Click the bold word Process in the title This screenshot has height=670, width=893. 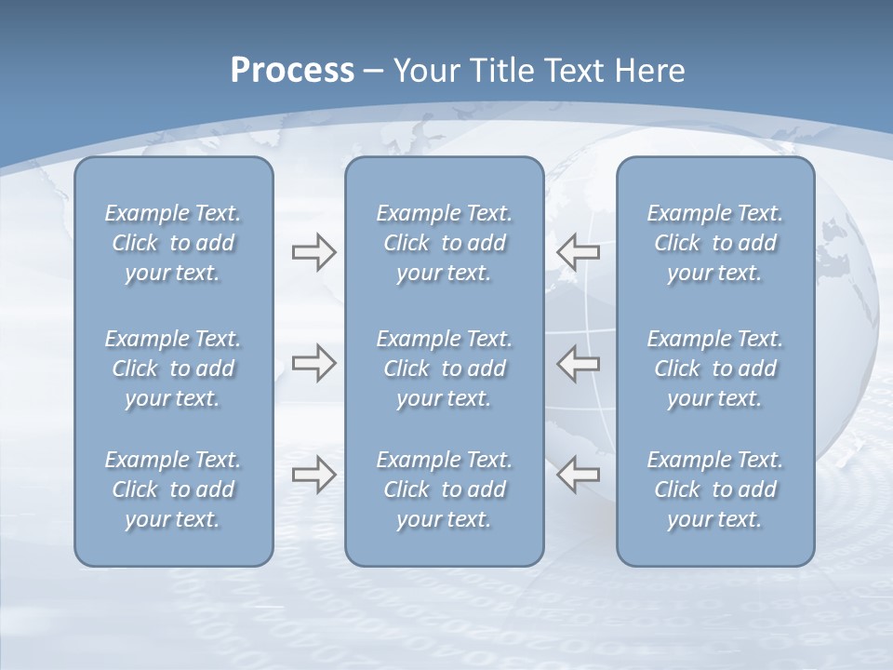pos(292,71)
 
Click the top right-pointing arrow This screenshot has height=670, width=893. pos(313,252)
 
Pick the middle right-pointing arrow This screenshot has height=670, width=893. pos(313,364)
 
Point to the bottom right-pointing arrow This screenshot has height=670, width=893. pos(313,475)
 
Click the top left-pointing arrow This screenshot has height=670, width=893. pos(579,252)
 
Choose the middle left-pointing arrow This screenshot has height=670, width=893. pos(579,364)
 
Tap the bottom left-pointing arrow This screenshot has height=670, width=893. pos(579,475)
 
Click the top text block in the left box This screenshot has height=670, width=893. pos(173,243)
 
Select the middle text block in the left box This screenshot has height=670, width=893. pos(173,368)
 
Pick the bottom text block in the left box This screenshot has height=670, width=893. pos(173,489)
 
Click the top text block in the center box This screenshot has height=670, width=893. pos(444,243)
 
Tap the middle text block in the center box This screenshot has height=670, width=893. pos(444,368)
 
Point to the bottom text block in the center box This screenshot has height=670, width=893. pos(444,489)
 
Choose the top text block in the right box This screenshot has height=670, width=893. pos(714,243)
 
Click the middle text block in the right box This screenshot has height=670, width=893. pos(714,368)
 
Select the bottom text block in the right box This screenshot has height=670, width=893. pos(714,489)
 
